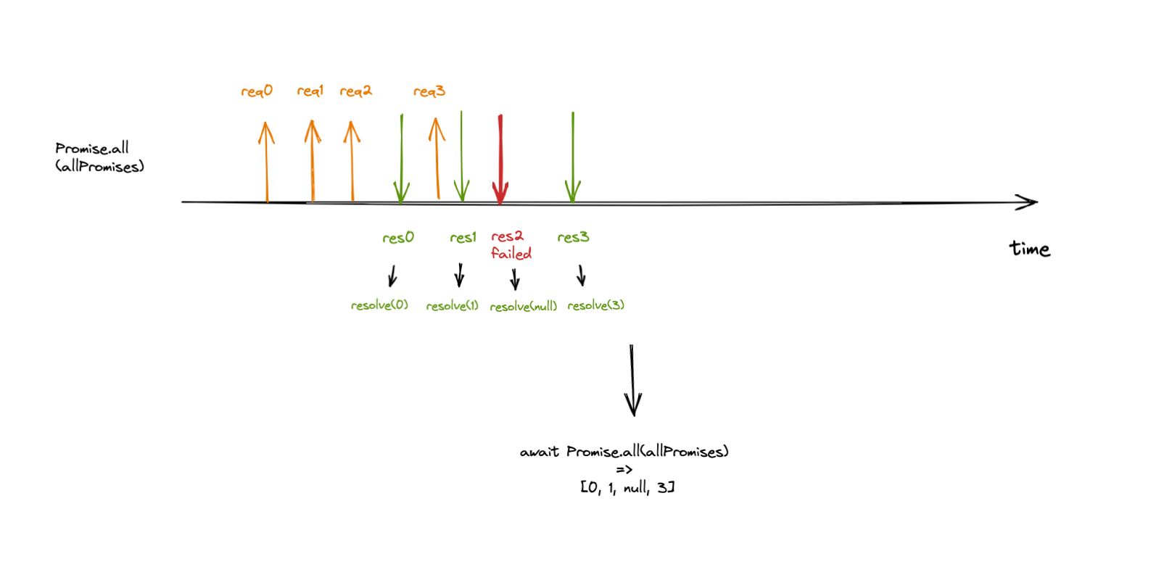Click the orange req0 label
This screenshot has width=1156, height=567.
point(257,91)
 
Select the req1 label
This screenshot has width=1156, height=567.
point(310,91)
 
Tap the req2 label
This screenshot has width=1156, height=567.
point(355,91)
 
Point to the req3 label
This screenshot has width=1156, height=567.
point(429,91)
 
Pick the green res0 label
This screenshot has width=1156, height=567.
point(398,238)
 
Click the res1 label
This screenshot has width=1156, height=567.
point(463,238)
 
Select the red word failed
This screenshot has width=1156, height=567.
point(511,254)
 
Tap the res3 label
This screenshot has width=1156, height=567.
point(573,238)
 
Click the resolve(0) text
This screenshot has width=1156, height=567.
point(379,305)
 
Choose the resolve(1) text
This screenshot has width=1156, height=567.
point(452,306)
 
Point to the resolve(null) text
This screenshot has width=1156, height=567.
point(523,307)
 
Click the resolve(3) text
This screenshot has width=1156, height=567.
point(595,305)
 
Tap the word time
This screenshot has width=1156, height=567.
point(1030,249)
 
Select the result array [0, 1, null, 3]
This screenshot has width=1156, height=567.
point(627,488)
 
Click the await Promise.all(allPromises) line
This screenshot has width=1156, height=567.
point(624,452)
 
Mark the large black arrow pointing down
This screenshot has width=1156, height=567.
point(633,381)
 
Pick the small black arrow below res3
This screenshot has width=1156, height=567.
point(581,276)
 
